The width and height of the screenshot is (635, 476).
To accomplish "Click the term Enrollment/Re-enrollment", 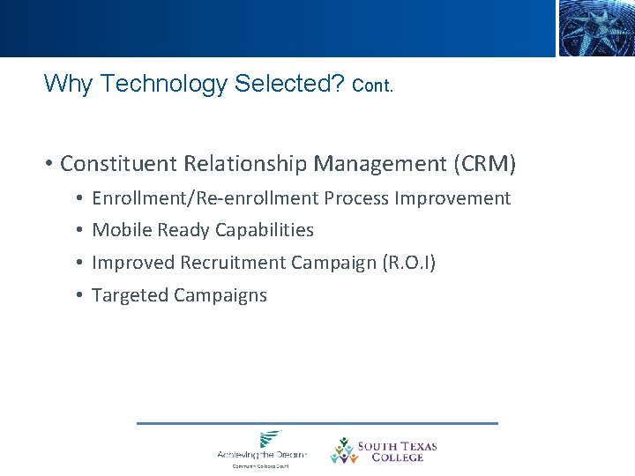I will [205, 198].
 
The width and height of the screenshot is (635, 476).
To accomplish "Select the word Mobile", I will [121, 230].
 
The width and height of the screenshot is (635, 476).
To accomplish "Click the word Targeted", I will [130, 295].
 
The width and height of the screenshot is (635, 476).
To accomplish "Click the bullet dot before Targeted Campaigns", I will [79, 295].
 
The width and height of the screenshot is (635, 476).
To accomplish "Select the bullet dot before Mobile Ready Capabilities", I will [79, 230].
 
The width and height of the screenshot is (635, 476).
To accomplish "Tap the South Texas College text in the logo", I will [397, 451].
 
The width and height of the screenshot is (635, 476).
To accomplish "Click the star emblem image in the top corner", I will [595, 28].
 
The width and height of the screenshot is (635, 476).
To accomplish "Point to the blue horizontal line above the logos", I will [317, 423].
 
